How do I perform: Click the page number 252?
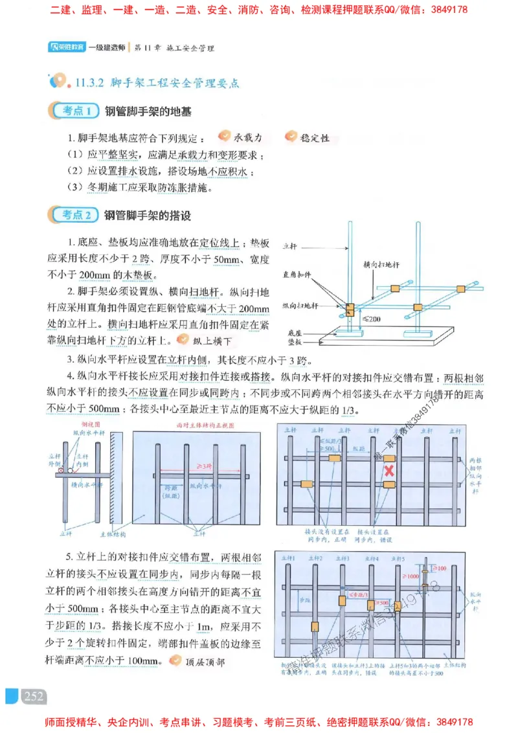(33, 696)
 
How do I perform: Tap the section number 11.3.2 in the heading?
(90, 82)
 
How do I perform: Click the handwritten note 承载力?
(248, 137)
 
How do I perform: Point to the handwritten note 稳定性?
(315, 137)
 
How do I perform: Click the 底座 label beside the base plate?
(295, 332)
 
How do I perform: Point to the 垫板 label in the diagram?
(295, 342)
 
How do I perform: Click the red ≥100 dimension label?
(440, 568)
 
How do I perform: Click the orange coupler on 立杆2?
(315, 626)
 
